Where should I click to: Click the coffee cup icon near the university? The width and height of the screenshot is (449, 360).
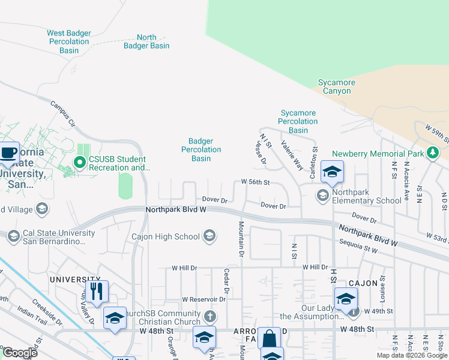pos(9,153)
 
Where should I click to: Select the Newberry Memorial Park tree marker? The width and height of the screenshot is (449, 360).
pos(432,154)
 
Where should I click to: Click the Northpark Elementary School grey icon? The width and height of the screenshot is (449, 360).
pos(323,195)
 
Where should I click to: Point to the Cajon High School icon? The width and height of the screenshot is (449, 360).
pos(209,236)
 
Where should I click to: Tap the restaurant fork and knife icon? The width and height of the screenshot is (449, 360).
pos(96,292)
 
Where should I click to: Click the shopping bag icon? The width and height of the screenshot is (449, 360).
pos(269,338)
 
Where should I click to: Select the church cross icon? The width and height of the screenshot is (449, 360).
pos(209,316)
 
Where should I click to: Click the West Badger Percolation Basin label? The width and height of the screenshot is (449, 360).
pos(68,42)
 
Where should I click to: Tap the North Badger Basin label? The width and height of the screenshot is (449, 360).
pos(146,41)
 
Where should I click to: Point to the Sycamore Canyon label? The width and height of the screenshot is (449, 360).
pos(337,86)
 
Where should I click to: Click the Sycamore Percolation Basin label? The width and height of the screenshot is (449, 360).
pos(298,121)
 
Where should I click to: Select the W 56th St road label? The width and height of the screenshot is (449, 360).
pos(256,182)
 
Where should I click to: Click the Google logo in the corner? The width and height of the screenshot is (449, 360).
pos(20,352)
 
